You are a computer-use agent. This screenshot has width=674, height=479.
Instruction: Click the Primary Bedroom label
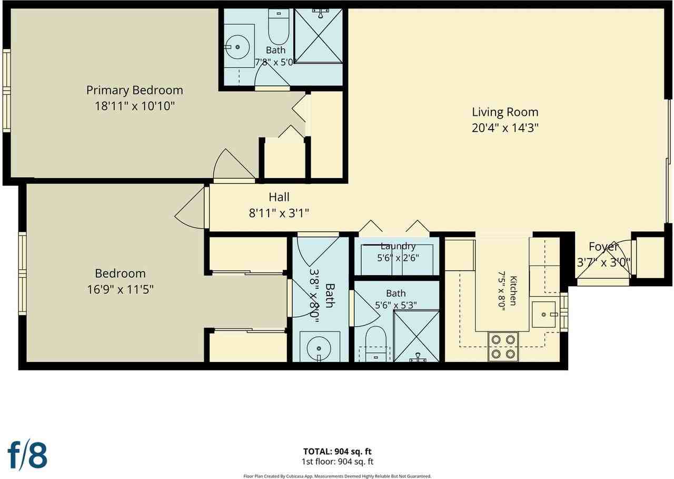point(134,90)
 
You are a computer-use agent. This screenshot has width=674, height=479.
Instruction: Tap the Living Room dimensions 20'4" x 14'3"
point(505,128)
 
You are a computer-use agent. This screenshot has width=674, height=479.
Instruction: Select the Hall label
point(279,197)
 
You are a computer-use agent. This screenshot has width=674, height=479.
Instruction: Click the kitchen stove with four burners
point(503,347)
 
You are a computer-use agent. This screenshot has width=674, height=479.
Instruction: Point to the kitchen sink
point(543,314)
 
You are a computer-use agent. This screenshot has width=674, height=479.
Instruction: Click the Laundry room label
point(398,246)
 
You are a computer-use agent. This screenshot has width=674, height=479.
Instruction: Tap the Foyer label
point(603,247)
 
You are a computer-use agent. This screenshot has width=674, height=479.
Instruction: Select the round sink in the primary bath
point(237,47)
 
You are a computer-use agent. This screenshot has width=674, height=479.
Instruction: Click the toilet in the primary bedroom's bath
point(279,26)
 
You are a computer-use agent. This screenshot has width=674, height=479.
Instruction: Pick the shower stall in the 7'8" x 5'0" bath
point(319,36)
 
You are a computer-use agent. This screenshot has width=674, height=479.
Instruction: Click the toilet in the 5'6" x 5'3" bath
point(375,344)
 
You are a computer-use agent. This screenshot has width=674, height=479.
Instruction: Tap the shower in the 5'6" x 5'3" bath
point(416,336)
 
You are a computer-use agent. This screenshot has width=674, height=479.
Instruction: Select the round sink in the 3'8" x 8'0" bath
point(319,348)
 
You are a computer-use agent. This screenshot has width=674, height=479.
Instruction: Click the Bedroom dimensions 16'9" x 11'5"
point(121,290)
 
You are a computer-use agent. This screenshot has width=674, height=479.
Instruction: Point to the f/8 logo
point(27,455)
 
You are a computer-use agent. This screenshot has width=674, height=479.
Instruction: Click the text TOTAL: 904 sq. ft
point(338,451)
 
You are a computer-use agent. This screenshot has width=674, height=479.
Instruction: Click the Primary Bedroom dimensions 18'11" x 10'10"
point(134,106)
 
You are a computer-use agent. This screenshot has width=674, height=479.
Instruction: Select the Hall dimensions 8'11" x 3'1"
point(279,213)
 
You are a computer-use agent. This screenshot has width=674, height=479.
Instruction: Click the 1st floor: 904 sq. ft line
point(338,461)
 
